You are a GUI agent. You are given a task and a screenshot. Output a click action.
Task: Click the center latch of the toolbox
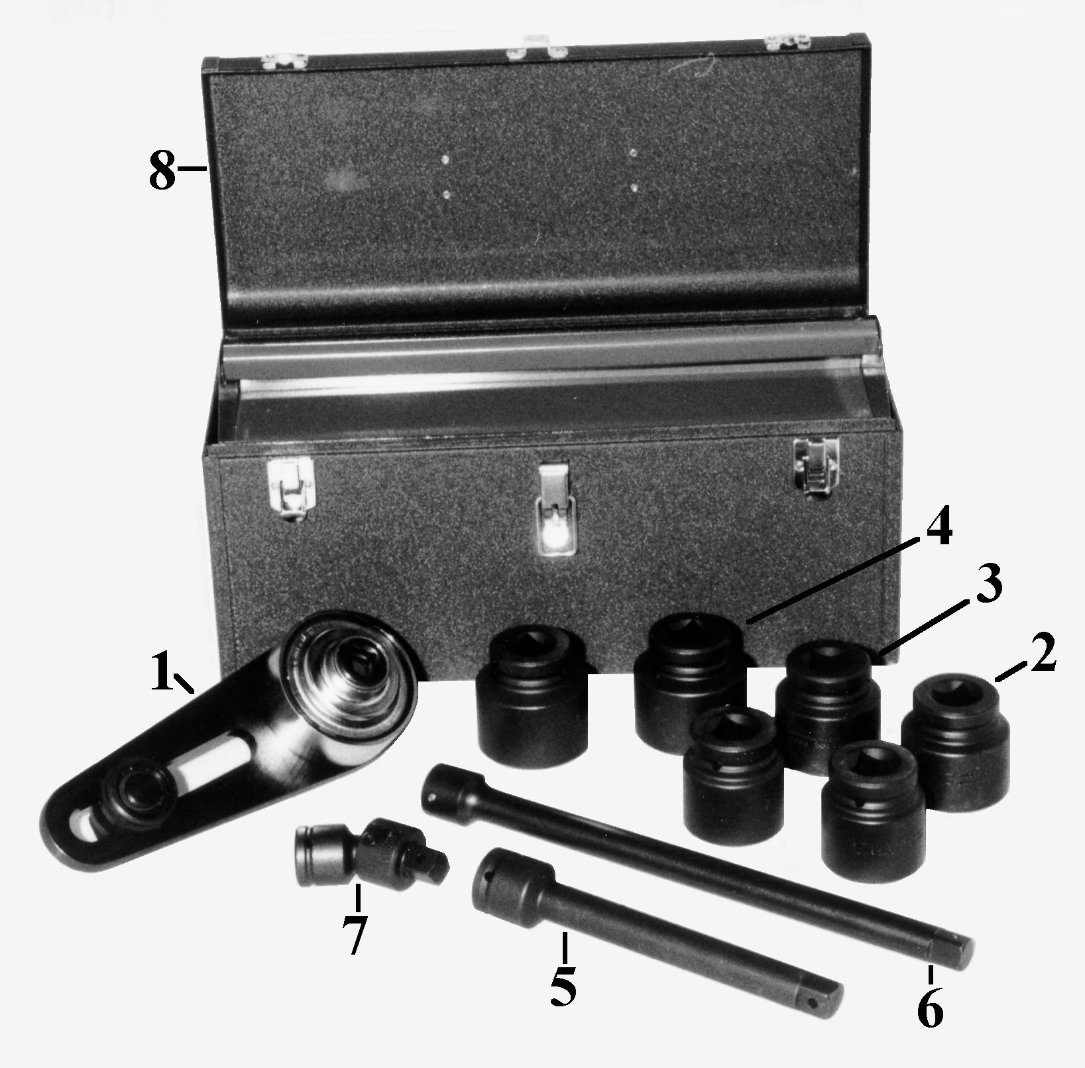coord(555,511)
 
